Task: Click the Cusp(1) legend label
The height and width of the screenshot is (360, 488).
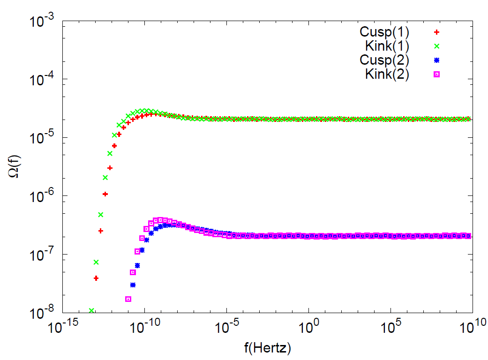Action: [384, 32]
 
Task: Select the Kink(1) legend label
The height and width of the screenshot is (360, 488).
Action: [387, 46]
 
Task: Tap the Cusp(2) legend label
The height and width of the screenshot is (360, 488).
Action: [384, 60]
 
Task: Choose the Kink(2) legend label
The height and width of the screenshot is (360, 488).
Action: [387, 74]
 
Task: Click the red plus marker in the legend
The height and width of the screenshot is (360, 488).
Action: [436, 32]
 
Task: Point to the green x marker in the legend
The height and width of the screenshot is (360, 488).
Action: [436, 46]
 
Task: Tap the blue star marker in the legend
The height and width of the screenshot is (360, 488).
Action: [436, 60]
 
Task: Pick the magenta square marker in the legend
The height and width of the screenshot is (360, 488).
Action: [436, 74]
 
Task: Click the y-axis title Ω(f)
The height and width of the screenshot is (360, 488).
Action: [13, 167]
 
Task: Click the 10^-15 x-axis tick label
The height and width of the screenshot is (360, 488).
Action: [62, 326]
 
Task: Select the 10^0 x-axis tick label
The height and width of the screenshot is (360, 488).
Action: [308, 326]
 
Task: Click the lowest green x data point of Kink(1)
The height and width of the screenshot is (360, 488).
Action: [91, 311]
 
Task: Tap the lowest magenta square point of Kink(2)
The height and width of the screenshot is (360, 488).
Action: [128, 299]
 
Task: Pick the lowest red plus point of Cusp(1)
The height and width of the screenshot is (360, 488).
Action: [96, 278]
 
